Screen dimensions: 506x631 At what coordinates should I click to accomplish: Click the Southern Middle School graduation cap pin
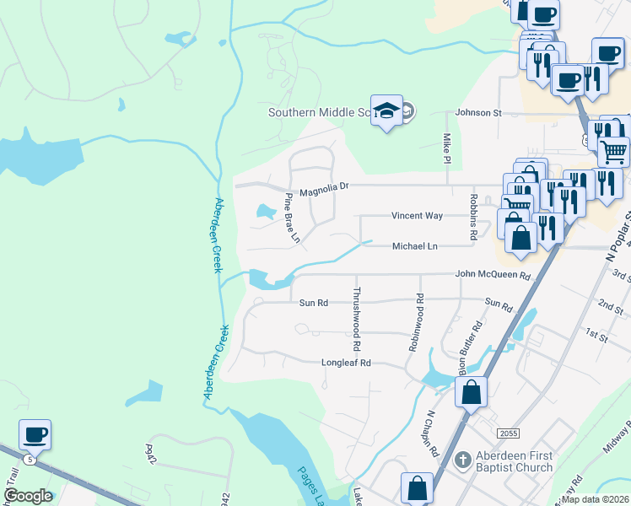click(386, 111)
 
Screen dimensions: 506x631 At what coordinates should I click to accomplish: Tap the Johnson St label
click(478, 112)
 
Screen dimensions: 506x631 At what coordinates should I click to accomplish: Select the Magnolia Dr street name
click(321, 186)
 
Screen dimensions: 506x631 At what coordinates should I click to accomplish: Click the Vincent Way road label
click(417, 216)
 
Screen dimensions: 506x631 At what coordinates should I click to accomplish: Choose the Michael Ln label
click(414, 246)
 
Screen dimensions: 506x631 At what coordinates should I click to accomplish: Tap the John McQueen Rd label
click(493, 275)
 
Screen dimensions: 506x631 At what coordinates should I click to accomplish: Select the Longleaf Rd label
click(346, 363)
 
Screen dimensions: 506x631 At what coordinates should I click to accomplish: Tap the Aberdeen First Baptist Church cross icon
click(461, 460)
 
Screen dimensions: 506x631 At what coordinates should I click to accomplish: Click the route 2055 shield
click(507, 433)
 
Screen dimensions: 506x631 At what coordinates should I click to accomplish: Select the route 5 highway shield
click(30, 460)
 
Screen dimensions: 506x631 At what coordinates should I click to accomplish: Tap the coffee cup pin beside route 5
click(35, 435)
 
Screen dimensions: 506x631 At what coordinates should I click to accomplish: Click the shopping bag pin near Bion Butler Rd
click(471, 392)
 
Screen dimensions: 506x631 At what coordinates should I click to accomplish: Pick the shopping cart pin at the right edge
click(614, 152)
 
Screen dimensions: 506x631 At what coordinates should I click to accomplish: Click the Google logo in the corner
click(28, 496)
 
